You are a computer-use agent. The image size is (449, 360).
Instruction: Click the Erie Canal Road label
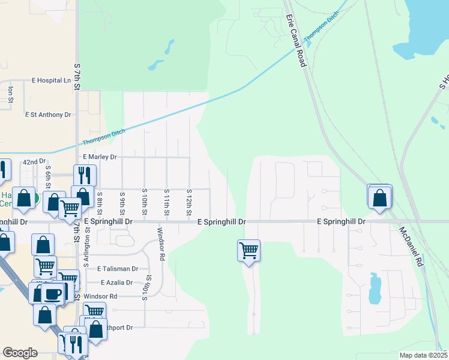pyautogui.click(x=297, y=40)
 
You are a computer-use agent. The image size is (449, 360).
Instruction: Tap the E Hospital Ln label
pyautogui.click(x=51, y=80)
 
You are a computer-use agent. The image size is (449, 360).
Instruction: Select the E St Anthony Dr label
pyautogui.click(x=48, y=114)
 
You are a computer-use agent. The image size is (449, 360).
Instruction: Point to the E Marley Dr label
pyautogui.click(x=100, y=157)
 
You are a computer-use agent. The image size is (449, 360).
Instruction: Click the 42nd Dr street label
pyautogui.click(x=34, y=162)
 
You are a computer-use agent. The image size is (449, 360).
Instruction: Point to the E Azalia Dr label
pyautogui.click(x=116, y=282)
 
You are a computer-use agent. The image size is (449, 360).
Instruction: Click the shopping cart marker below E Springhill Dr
pyautogui.click(x=249, y=250)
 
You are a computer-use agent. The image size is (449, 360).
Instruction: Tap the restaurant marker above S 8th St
pyautogui.click(x=84, y=175)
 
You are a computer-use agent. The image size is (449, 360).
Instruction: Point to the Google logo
pyautogui.click(x=20, y=353)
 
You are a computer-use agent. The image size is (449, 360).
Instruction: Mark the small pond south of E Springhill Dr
pyautogui.click(x=375, y=289)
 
